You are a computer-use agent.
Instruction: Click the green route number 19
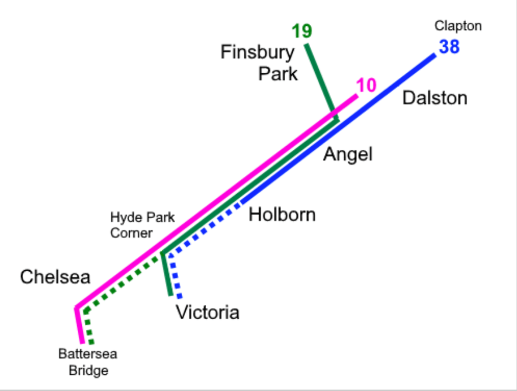click(302, 31)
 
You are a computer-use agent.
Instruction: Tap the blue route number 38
click(449, 47)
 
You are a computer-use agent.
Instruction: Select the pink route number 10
click(367, 86)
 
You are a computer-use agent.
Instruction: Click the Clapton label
click(458, 26)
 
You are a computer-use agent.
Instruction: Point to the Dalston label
click(434, 98)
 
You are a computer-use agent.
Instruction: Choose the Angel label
click(348, 154)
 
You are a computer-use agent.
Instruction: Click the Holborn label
click(282, 214)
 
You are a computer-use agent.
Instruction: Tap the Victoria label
click(207, 313)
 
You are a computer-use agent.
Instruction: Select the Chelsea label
click(55, 277)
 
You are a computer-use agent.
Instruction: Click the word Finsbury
click(257, 52)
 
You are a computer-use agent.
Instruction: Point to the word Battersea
click(87, 354)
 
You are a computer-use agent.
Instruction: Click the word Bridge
click(88, 370)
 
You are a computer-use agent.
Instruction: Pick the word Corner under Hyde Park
click(132, 233)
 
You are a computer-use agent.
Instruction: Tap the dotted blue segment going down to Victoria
click(176, 278)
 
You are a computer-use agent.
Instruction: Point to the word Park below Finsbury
click(278, 74)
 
